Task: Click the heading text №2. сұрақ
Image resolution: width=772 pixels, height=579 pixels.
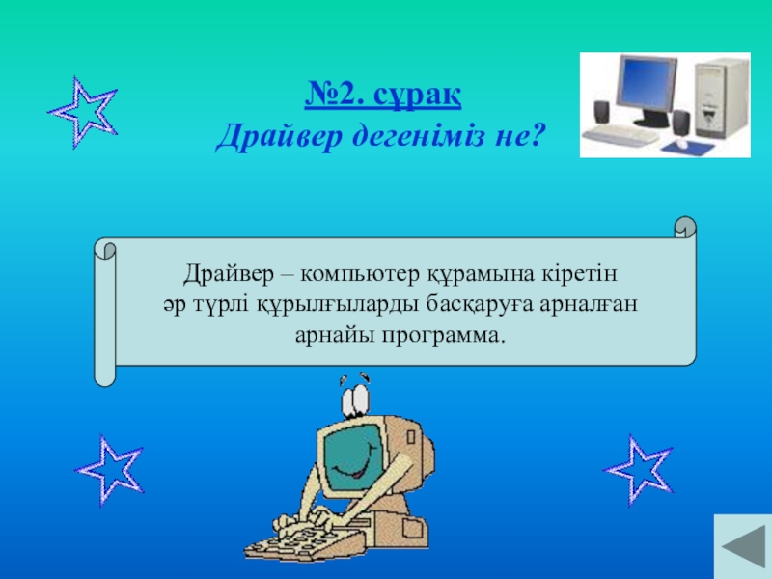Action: point(382,94)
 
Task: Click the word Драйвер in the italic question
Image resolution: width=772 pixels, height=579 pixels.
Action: point(279,135)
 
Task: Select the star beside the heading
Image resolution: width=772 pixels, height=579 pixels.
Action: point(83,112)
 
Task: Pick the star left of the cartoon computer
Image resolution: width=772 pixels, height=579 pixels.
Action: point(109,470)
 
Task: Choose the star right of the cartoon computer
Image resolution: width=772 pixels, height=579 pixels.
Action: point(638,470)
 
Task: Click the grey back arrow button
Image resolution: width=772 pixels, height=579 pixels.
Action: point(743,546)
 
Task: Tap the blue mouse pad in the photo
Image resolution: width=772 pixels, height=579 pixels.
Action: point(688,147)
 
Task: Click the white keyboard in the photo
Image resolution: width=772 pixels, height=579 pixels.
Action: point(620,134)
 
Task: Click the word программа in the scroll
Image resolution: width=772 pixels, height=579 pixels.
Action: point(444,336)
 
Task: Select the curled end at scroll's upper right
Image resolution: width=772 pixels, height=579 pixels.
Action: point(685,227)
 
